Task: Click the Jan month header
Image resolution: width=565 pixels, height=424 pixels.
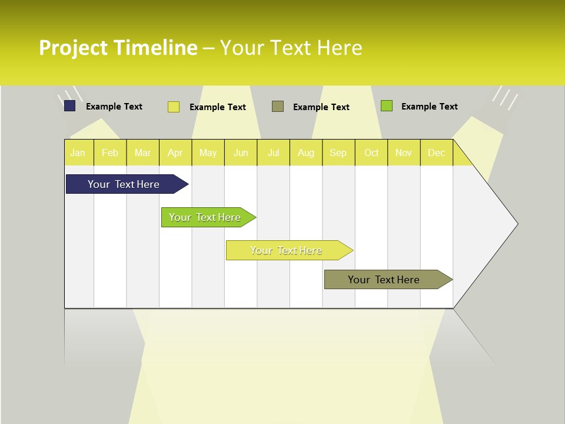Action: coord(78,153)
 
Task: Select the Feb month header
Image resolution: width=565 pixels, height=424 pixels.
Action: coord(110,153)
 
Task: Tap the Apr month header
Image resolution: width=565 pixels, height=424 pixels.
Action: coord(175,153)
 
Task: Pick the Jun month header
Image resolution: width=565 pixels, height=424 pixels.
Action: coord(241,153)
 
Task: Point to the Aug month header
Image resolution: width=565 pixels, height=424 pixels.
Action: coord(306,153)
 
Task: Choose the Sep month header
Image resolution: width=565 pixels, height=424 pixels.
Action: coord(338,153)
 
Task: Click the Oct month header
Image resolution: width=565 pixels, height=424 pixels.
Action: coord(371,153)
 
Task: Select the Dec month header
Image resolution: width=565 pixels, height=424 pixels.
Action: coord(437,153)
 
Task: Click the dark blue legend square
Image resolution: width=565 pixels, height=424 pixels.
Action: coord(70,106)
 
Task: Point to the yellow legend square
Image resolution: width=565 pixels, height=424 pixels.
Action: coord(174,107)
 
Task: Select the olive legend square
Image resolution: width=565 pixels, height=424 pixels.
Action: coord(278,106)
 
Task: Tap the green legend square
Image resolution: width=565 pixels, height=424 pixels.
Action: coord(387,106)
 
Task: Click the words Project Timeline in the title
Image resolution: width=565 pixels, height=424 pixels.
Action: coord(118,48)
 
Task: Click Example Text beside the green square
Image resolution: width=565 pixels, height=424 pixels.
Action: coord(429,107)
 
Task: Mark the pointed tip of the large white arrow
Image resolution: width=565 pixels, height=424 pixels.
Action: coord(516,224)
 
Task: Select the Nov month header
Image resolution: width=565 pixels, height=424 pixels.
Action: coord(404,153)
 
